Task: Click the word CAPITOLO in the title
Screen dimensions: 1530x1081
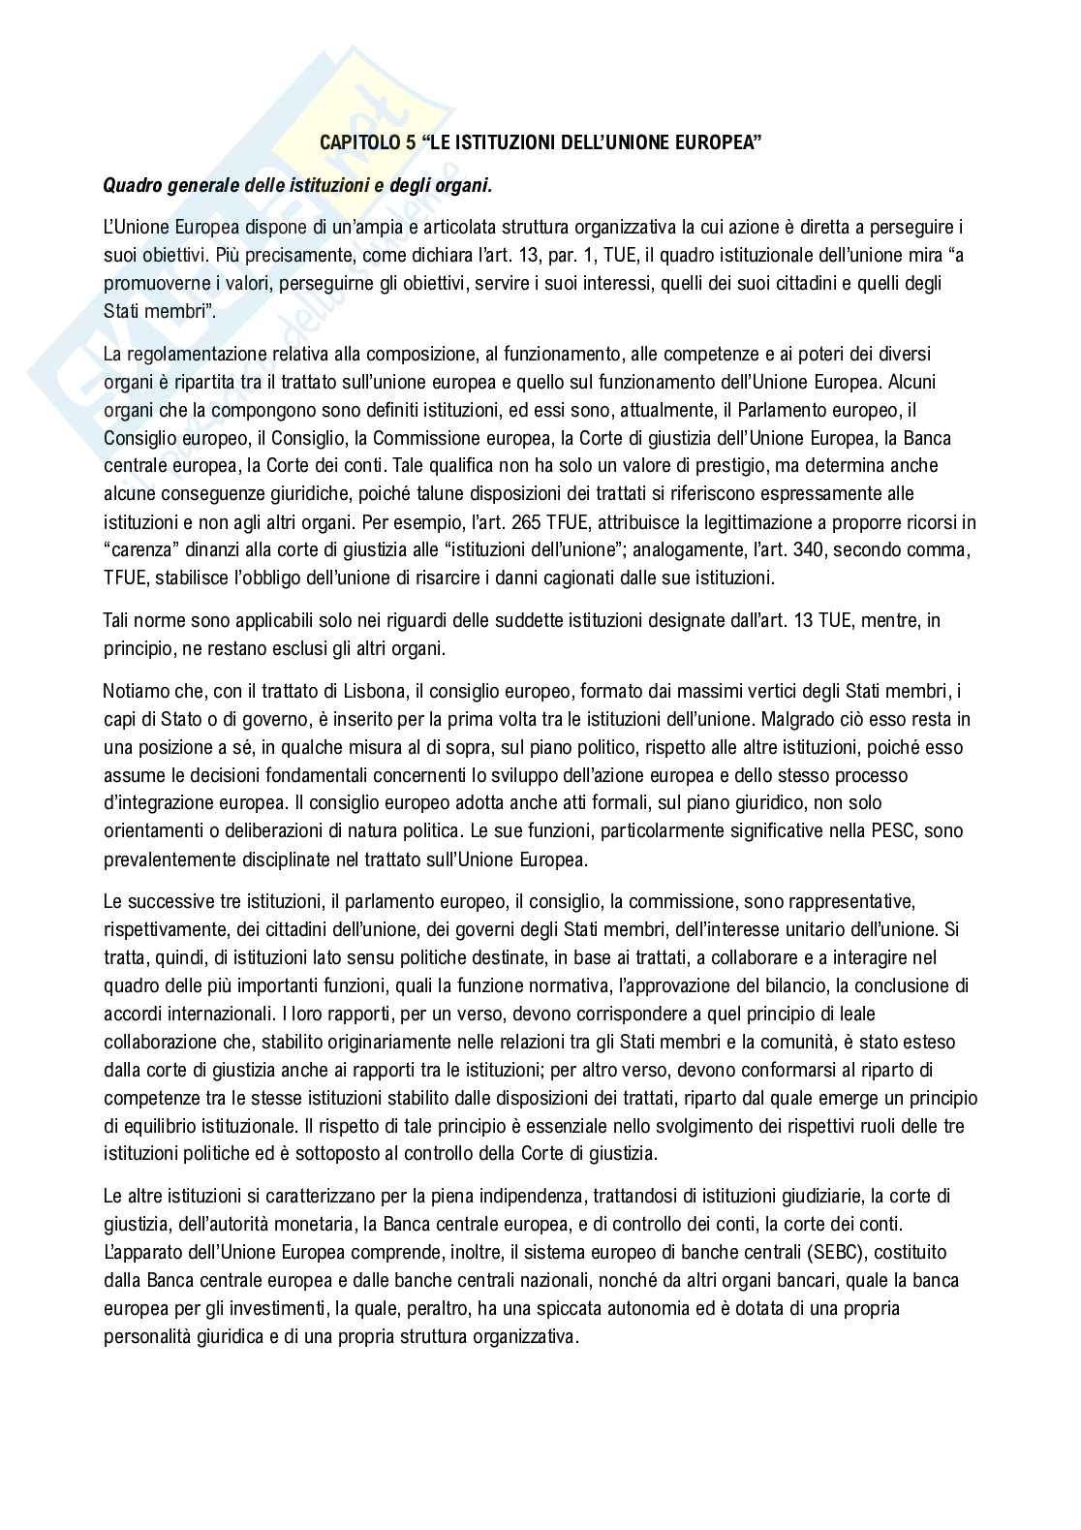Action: coord(355,143)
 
